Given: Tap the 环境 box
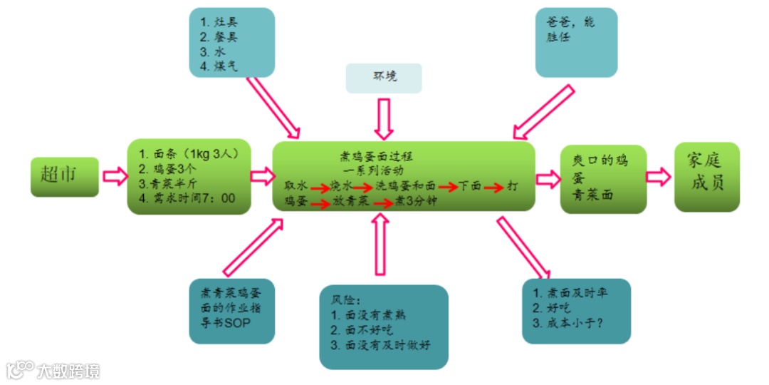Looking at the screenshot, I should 384,78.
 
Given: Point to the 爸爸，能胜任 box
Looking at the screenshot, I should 576,42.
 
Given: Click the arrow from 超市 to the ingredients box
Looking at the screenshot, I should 113,175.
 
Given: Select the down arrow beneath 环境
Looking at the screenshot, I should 384,118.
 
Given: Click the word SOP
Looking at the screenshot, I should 238,323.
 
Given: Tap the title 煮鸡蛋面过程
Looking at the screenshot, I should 376,156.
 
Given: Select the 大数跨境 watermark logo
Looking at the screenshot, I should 53,370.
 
